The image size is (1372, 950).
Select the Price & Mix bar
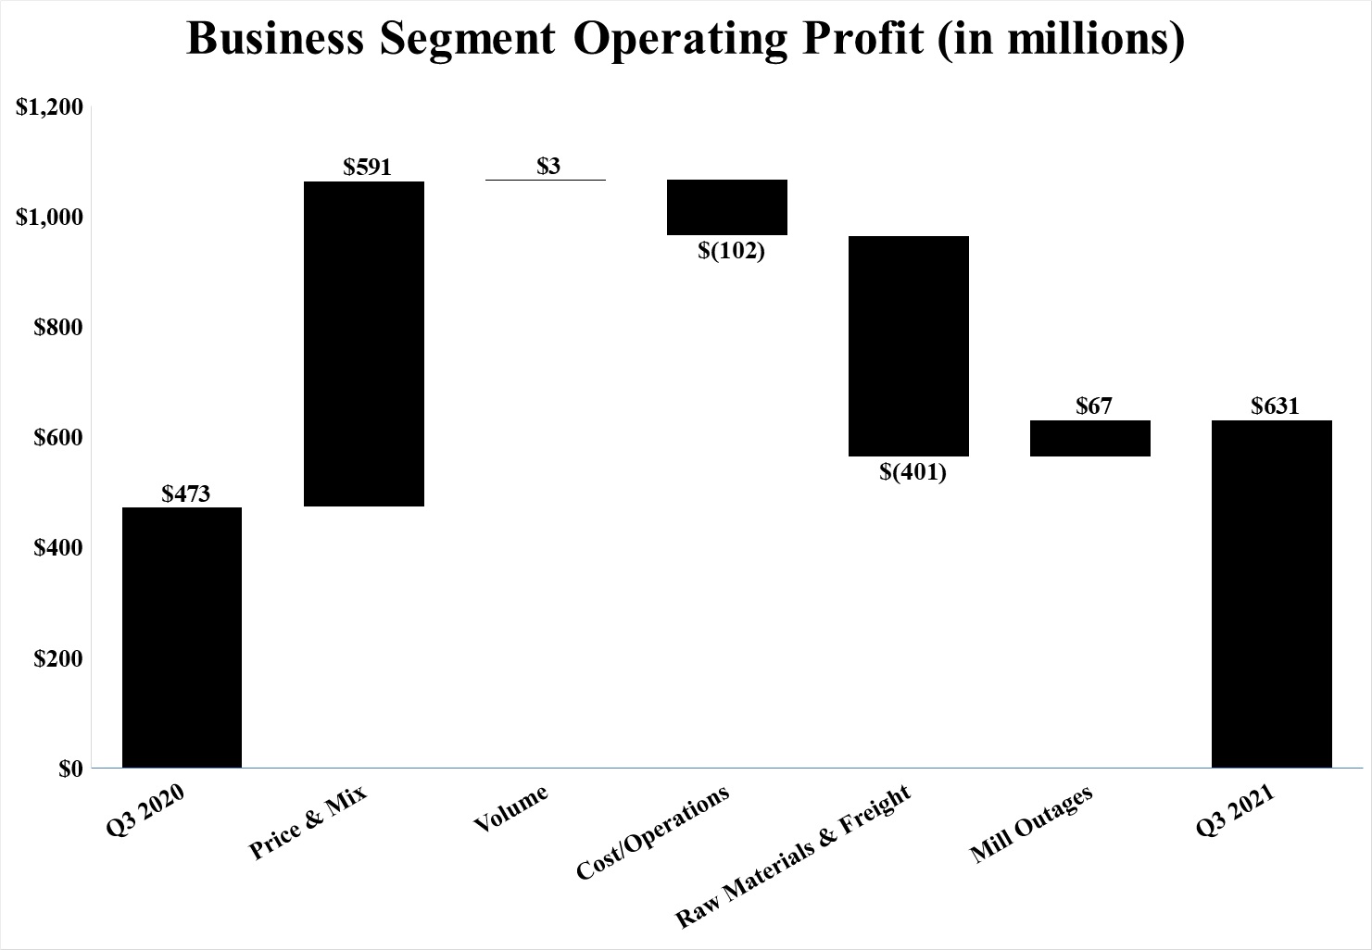(x=364, y=344)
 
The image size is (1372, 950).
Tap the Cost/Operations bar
(x=727, y=207)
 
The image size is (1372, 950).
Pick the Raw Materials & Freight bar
(x=909, y=346)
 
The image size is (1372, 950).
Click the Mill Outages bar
(x=1090, y=438)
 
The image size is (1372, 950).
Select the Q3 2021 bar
(x=1272, y=594)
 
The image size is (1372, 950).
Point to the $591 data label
(x=368, y=168)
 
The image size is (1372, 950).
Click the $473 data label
(x=186, y=494)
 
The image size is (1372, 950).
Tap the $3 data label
(x=548, y=167)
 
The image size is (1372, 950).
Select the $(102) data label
(x=731, y=250)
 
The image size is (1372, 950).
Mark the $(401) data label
(x=913, y=472)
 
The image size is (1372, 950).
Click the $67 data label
(x=1094, y=406)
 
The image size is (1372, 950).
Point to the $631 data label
(x=1275, y=406)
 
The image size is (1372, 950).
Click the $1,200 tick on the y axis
(x=51, y=107)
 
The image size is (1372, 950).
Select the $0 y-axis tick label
(x=70, y=769)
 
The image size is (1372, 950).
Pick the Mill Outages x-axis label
(x=1032, y=824)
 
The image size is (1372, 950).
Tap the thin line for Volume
(x=546, y=180)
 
